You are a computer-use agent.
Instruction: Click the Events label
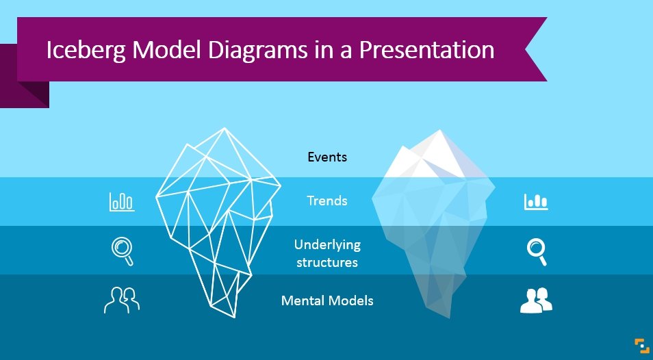coord(327,157)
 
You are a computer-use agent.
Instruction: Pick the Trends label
coord(327,201)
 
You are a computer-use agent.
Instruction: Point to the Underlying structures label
coord(327,253)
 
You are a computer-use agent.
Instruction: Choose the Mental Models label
coord(327,300)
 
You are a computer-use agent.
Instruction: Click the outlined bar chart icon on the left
coord(122,201)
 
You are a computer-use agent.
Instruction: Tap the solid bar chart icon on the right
coord(536,201)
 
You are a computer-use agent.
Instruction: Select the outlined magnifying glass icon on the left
coord(122,250)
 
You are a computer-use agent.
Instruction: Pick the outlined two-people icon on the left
coord(121,300)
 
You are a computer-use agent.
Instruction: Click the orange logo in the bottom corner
coord(641,346)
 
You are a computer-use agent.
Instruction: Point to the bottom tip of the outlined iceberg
coord(235,317)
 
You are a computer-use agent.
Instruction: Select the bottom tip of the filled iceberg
coord(449,318)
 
